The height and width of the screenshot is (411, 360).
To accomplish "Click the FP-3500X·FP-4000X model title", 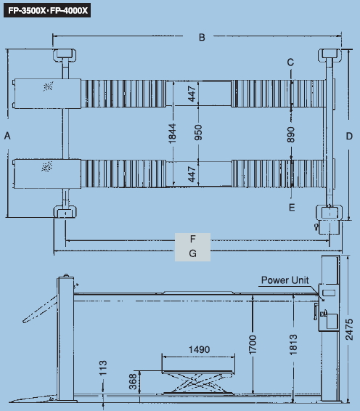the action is (47, 10).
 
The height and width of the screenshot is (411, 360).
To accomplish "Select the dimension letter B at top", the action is (202, 37).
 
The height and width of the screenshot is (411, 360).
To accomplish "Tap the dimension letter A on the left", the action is (7, 136).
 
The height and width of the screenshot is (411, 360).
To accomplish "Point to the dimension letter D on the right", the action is (349, 136).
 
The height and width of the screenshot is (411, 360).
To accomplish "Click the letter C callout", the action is (290, 62).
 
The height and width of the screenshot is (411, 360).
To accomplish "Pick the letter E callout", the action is (292, 208).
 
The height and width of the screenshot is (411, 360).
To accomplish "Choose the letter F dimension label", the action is (192, 239).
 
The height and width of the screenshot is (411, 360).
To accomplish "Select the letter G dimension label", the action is (192, 253).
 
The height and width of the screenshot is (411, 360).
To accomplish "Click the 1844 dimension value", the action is (172, 134).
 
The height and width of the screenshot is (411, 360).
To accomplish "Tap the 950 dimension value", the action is (198, 133).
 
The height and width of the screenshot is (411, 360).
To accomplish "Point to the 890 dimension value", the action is (290, 135).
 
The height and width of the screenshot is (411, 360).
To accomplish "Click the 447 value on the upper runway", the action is (192, 94).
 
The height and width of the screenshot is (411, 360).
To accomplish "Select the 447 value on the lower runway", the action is (192, 174).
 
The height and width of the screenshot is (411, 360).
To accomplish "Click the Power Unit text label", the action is (285, 280).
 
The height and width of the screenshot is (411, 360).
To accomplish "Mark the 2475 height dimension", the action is (349, 330).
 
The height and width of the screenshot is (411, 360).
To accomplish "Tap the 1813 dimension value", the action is (293, 344).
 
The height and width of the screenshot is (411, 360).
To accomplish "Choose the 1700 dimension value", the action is (252, 344).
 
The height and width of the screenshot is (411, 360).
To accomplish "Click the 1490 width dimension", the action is (199, 349).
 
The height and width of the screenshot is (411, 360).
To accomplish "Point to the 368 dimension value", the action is (133, 382).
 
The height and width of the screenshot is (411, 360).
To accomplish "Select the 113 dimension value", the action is (103, 367).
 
